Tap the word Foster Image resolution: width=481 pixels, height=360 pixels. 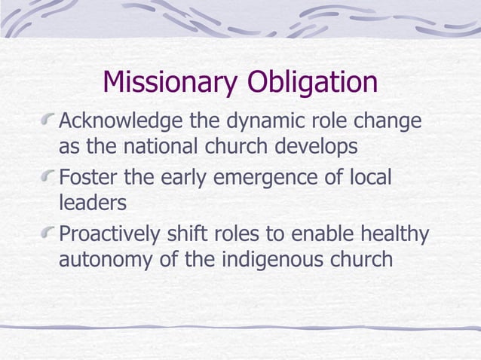click(85, 179)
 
